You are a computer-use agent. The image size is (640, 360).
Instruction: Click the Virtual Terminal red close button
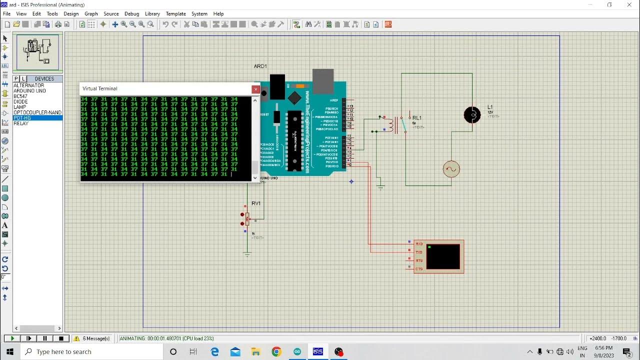(x=255, y=89)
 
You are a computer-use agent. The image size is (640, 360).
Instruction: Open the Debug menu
(x=131, y=14)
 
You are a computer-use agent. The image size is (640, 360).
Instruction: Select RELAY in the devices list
(x=21, y=123)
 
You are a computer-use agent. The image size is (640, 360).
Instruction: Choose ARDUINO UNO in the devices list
(x=29, y=91)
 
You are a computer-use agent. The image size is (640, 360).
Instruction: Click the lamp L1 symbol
(x=472, y=115)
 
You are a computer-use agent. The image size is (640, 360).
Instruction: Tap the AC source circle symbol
(x=451, y=169)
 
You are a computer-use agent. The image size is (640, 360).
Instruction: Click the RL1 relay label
(x=417, y=118)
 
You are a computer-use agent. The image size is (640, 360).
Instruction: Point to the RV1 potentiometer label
(x=256, y=203)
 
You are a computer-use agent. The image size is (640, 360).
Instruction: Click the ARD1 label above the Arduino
(x=260, y=66)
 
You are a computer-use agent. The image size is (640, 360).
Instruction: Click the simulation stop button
(x=61, y=338)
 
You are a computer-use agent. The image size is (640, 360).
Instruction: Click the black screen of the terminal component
(x=443, y=256)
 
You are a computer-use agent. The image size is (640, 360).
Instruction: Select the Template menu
(x=175, y=14)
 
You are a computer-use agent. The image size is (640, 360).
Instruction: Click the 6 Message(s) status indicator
(x=92, y=338)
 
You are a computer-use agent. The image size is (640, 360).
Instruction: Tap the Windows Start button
(x=9, y=351)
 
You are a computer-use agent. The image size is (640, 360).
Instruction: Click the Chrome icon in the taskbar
(x=276, y=351)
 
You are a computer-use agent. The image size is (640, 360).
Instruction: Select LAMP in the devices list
(x=20, y=107)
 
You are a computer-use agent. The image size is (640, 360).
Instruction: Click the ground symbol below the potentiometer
(x=247, y=254)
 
